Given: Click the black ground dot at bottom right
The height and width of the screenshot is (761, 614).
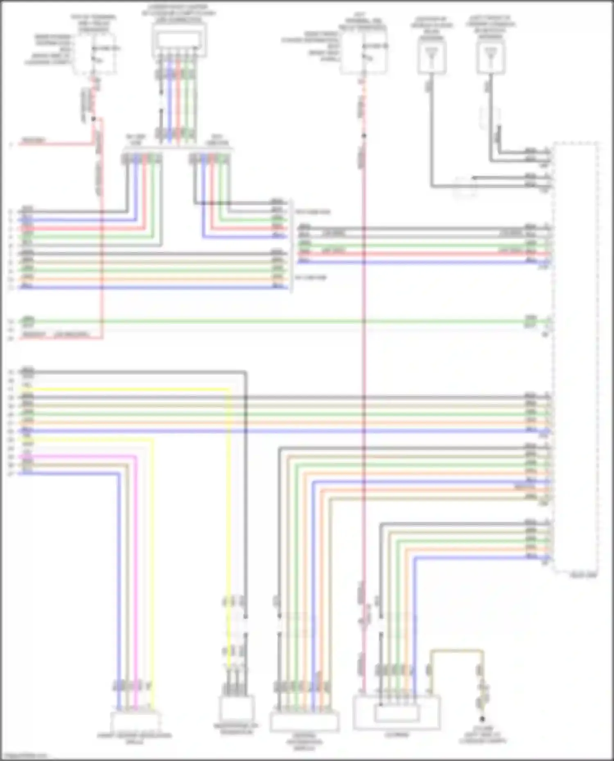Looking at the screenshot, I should tap(482, 718).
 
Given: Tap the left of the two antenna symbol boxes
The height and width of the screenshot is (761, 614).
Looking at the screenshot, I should tap(432, 58).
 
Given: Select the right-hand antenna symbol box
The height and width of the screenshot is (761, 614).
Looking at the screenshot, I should tap(490, 58).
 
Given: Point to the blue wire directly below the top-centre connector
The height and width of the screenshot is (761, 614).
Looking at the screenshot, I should tap(169, 102).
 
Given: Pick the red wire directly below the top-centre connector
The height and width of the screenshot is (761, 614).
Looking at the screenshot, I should tap(178, 102).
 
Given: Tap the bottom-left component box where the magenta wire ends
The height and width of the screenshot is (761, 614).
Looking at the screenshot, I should tap(135, 722).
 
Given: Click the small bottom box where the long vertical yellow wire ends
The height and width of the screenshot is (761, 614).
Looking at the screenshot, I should tap(237, 710).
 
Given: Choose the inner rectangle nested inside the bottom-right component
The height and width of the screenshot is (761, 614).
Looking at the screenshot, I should tap(397, 714).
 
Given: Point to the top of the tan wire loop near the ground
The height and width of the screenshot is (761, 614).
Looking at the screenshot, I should tap(456, 651).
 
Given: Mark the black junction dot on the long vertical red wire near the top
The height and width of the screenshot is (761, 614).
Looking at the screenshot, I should tap(363, 136).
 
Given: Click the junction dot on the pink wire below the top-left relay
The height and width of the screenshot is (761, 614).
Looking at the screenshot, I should tap(94, 119).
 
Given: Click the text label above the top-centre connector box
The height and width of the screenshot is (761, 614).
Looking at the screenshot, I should tap(179, 12).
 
